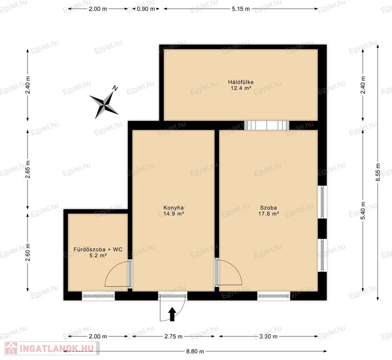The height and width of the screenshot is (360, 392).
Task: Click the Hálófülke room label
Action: pyautogui.click(x=241, y=82)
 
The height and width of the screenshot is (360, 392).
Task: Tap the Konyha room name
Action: pyautogui.click(x=173, y=208)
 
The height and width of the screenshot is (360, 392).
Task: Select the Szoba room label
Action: pyautogui.click(x=269, y=208)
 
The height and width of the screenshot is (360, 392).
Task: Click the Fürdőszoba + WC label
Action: pyautogui.click(x=98, y=249)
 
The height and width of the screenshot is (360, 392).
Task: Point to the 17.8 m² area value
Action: pyautogui.click(x=269, y=214)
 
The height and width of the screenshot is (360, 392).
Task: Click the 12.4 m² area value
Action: pyautogui.click(x=241, y=88)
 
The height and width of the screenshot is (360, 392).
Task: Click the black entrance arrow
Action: pyautogui.click(x=172, y=314)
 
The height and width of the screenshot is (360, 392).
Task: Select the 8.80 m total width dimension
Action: pyautogui.click(x=195, y=351)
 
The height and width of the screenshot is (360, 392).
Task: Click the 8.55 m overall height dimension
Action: pyautogui.click(x=378, y=172)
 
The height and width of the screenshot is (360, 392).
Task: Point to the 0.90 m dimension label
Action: pyautogui.click(x=146, y=9)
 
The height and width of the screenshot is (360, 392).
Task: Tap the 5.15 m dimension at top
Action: pyautogui.click(x=241, y=9)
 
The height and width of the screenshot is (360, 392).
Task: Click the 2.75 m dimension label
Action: pyautogui.click(x=173, y=336)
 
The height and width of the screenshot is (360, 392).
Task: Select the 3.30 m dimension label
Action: pyautogui.click(x=268, y=336)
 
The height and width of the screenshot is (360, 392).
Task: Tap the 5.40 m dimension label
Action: pyautogui.click(x=363, y=210)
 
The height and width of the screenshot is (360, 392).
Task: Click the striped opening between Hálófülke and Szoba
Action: pyautogui.click(x=267, y=125)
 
